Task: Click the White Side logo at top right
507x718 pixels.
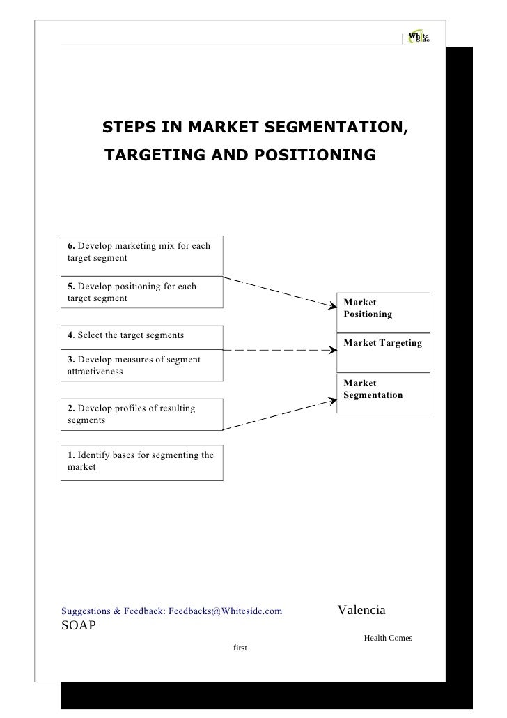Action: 418,38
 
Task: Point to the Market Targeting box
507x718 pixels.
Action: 384,352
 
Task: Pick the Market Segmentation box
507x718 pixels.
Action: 384,393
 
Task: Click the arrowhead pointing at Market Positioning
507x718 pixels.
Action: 330,304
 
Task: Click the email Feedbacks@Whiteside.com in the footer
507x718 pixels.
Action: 226,611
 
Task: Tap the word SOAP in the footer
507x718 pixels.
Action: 79,624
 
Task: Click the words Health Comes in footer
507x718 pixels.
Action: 388,638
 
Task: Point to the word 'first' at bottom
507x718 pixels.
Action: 241,648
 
